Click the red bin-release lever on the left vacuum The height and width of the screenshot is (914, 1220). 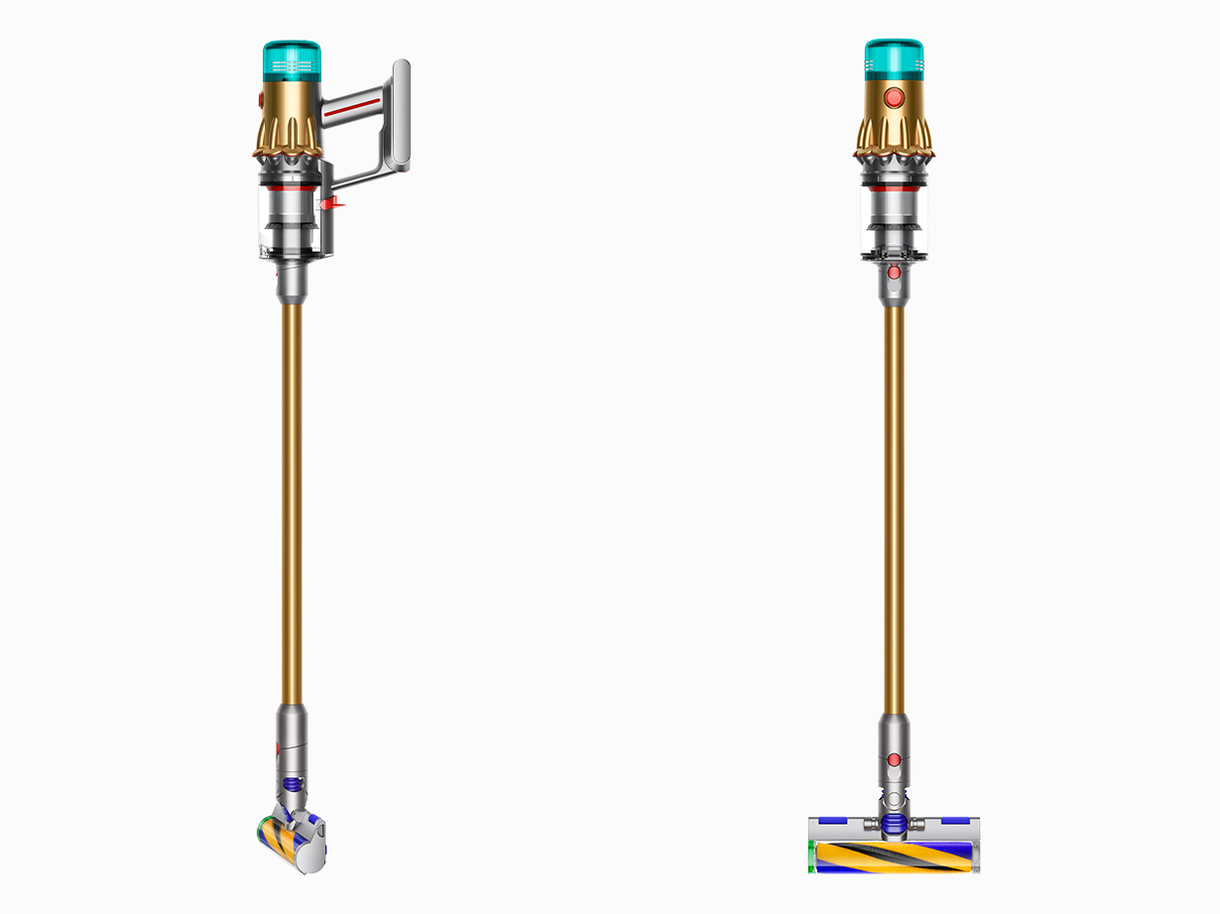331,203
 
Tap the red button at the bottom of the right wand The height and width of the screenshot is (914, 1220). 894,759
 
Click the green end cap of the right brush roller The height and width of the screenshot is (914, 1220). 812,856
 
